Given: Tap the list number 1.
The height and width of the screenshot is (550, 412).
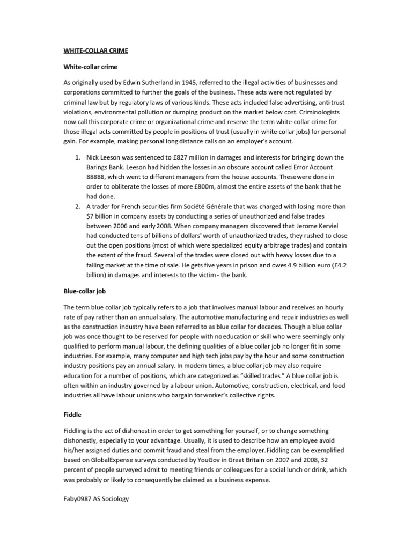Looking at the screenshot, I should tap(78, 157).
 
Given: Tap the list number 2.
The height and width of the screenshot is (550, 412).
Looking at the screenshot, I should tap(78, 206).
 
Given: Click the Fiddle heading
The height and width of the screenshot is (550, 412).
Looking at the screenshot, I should tap(72, 415).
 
